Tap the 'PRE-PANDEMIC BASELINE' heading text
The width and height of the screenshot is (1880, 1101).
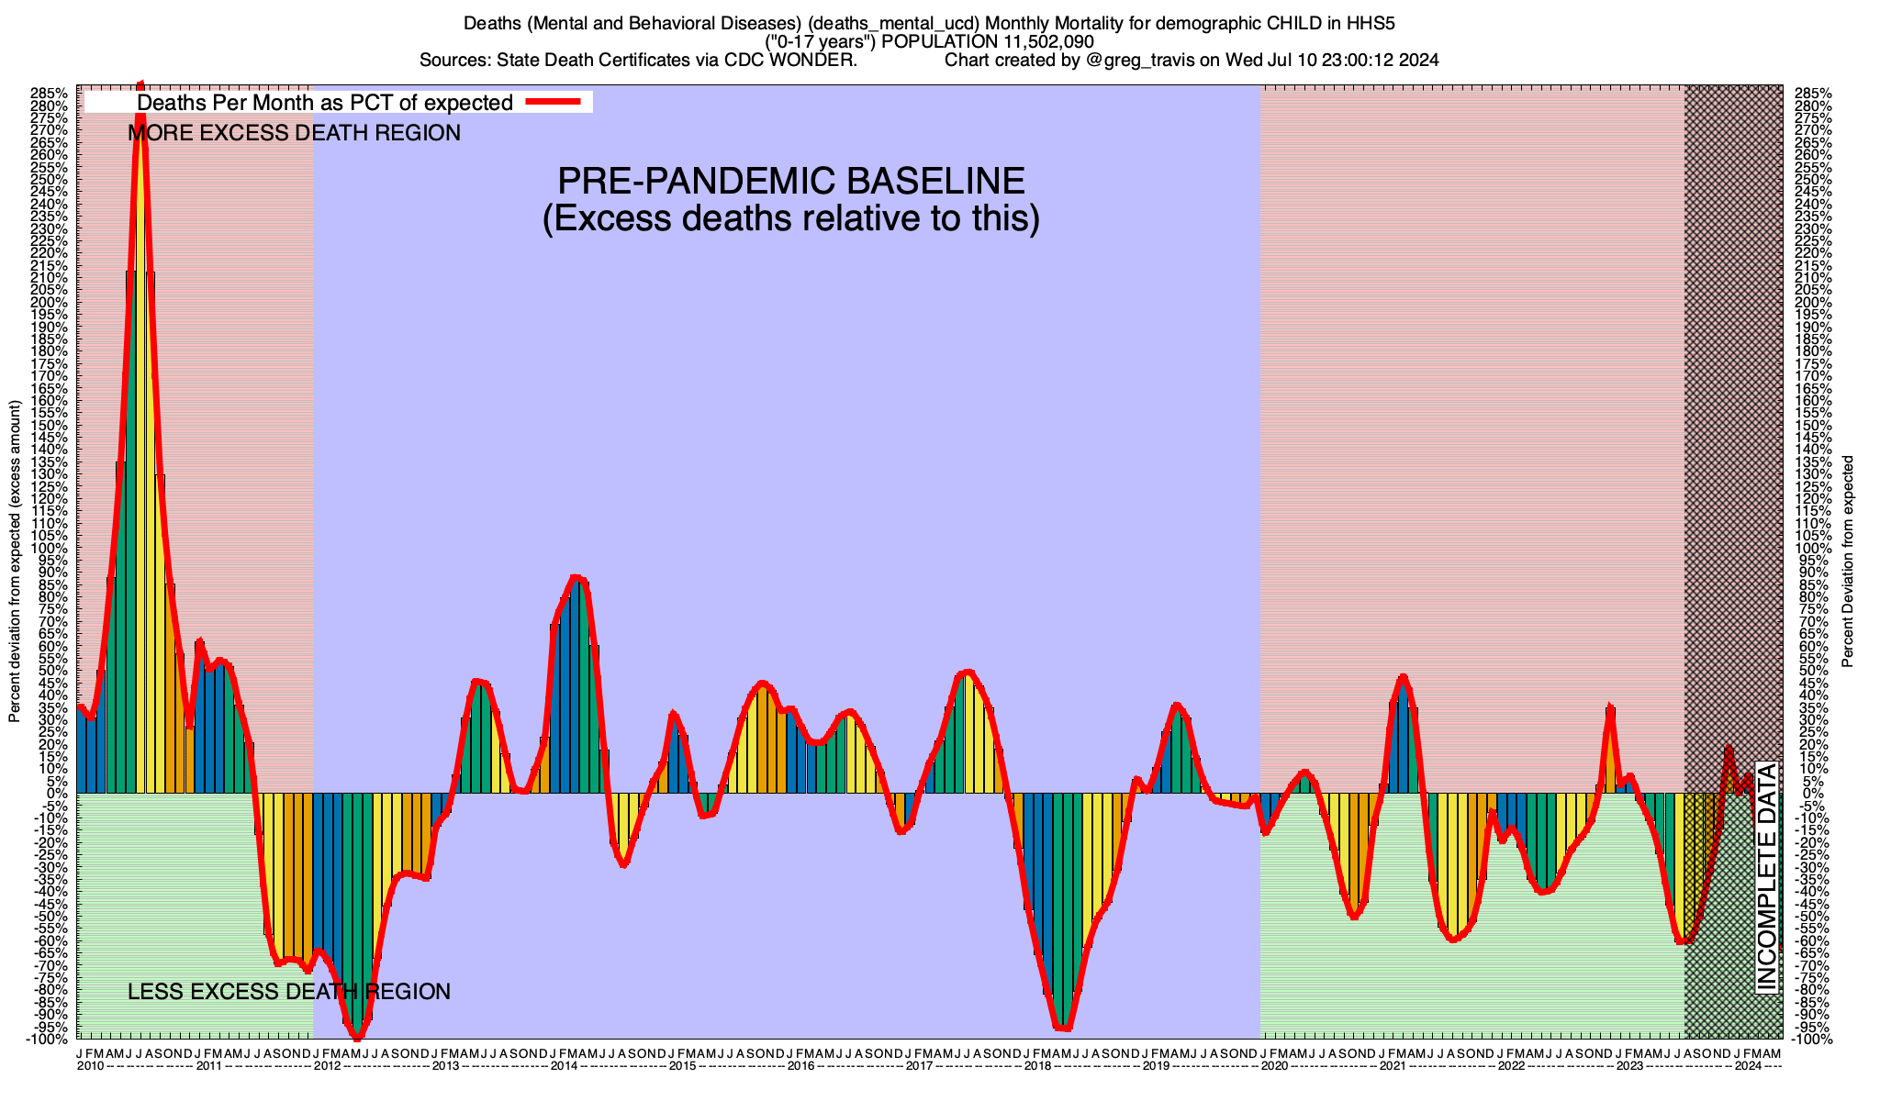(791, 181)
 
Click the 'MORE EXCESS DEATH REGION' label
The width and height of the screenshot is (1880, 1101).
(294, 133)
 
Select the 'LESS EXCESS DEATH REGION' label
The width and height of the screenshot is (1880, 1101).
(289, 992)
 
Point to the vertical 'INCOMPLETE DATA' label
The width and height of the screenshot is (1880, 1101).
(1767, 876)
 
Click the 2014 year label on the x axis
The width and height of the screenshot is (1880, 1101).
(563, 1066)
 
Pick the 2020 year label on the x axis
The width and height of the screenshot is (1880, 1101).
(1273, 1066)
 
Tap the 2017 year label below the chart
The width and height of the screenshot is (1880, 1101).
(918, 1066)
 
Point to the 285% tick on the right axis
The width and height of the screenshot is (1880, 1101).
(1812, 94)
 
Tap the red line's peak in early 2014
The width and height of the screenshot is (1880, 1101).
(576, 577)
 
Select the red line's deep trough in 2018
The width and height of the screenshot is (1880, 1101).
(1064, 1029)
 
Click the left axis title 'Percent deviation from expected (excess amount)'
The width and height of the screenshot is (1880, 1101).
(15, 562)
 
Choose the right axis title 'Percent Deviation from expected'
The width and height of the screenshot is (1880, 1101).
(1847, 562)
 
